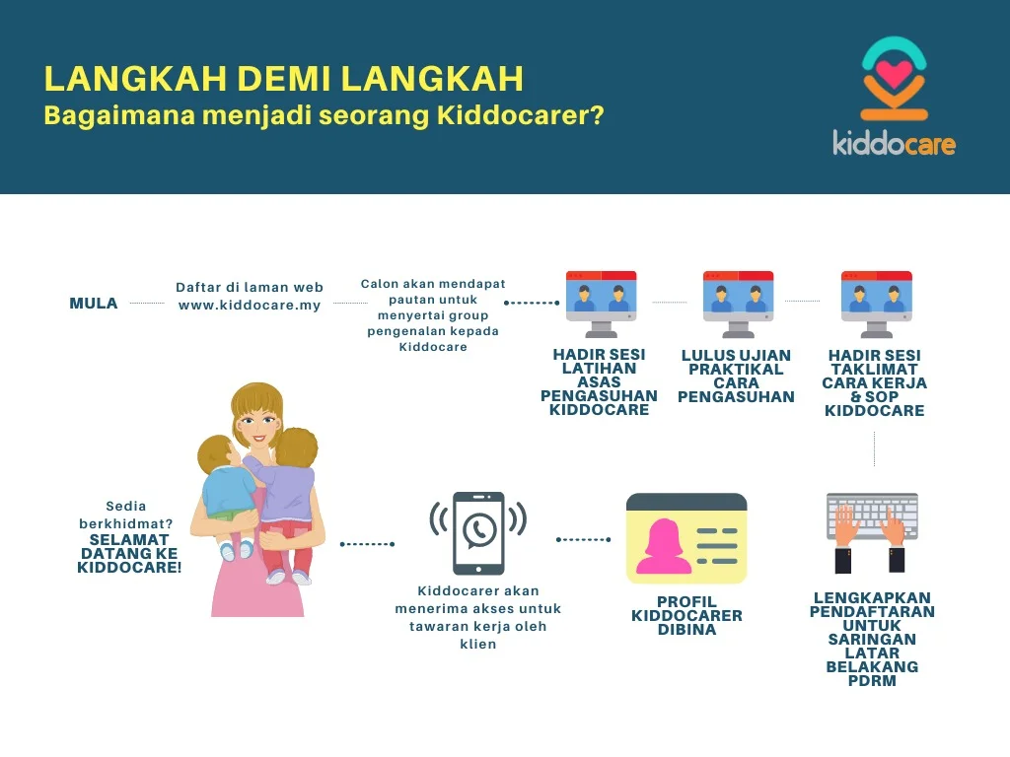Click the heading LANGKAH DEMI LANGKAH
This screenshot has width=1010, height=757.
click(x=283, y=79)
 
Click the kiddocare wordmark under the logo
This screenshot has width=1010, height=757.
click(x=894, y=142)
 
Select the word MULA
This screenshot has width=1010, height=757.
click(x=94, y=304)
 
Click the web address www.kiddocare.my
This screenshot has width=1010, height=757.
click(x=250, y=306)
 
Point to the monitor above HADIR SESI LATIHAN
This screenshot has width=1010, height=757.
click(x=601, y=304)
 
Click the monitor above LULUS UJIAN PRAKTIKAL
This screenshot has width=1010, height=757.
click(x=738, y=304)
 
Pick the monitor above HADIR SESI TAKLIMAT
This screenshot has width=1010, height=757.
click(x=876, y=304)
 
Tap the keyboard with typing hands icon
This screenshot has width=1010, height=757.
click(x=872, y=532)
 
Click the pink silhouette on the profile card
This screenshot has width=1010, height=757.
click(x=664, y=546)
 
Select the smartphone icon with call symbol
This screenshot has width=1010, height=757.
click(x=478, y=533)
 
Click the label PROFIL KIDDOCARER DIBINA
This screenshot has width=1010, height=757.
click(x=686, y=615)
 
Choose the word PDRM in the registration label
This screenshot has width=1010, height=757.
click(x=872, y=680)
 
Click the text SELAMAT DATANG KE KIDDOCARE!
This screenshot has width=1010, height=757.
click(x=129, y=554)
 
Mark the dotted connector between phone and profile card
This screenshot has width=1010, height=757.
click(x=583, y=539)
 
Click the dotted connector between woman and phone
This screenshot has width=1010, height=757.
click(x=367, y=544)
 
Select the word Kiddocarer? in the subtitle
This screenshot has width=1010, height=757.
click(x=521, y=115)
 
